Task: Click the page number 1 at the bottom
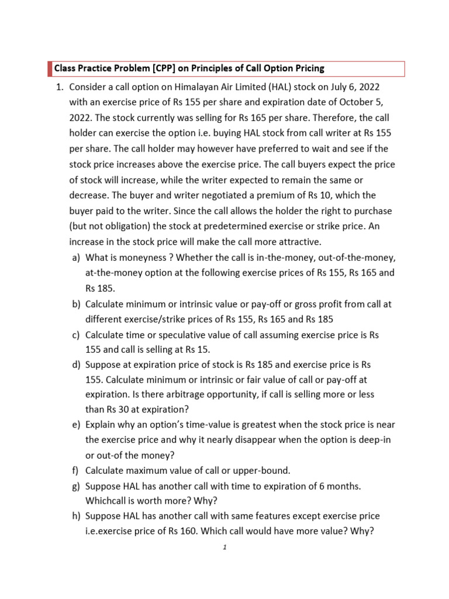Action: coord(224,548)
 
